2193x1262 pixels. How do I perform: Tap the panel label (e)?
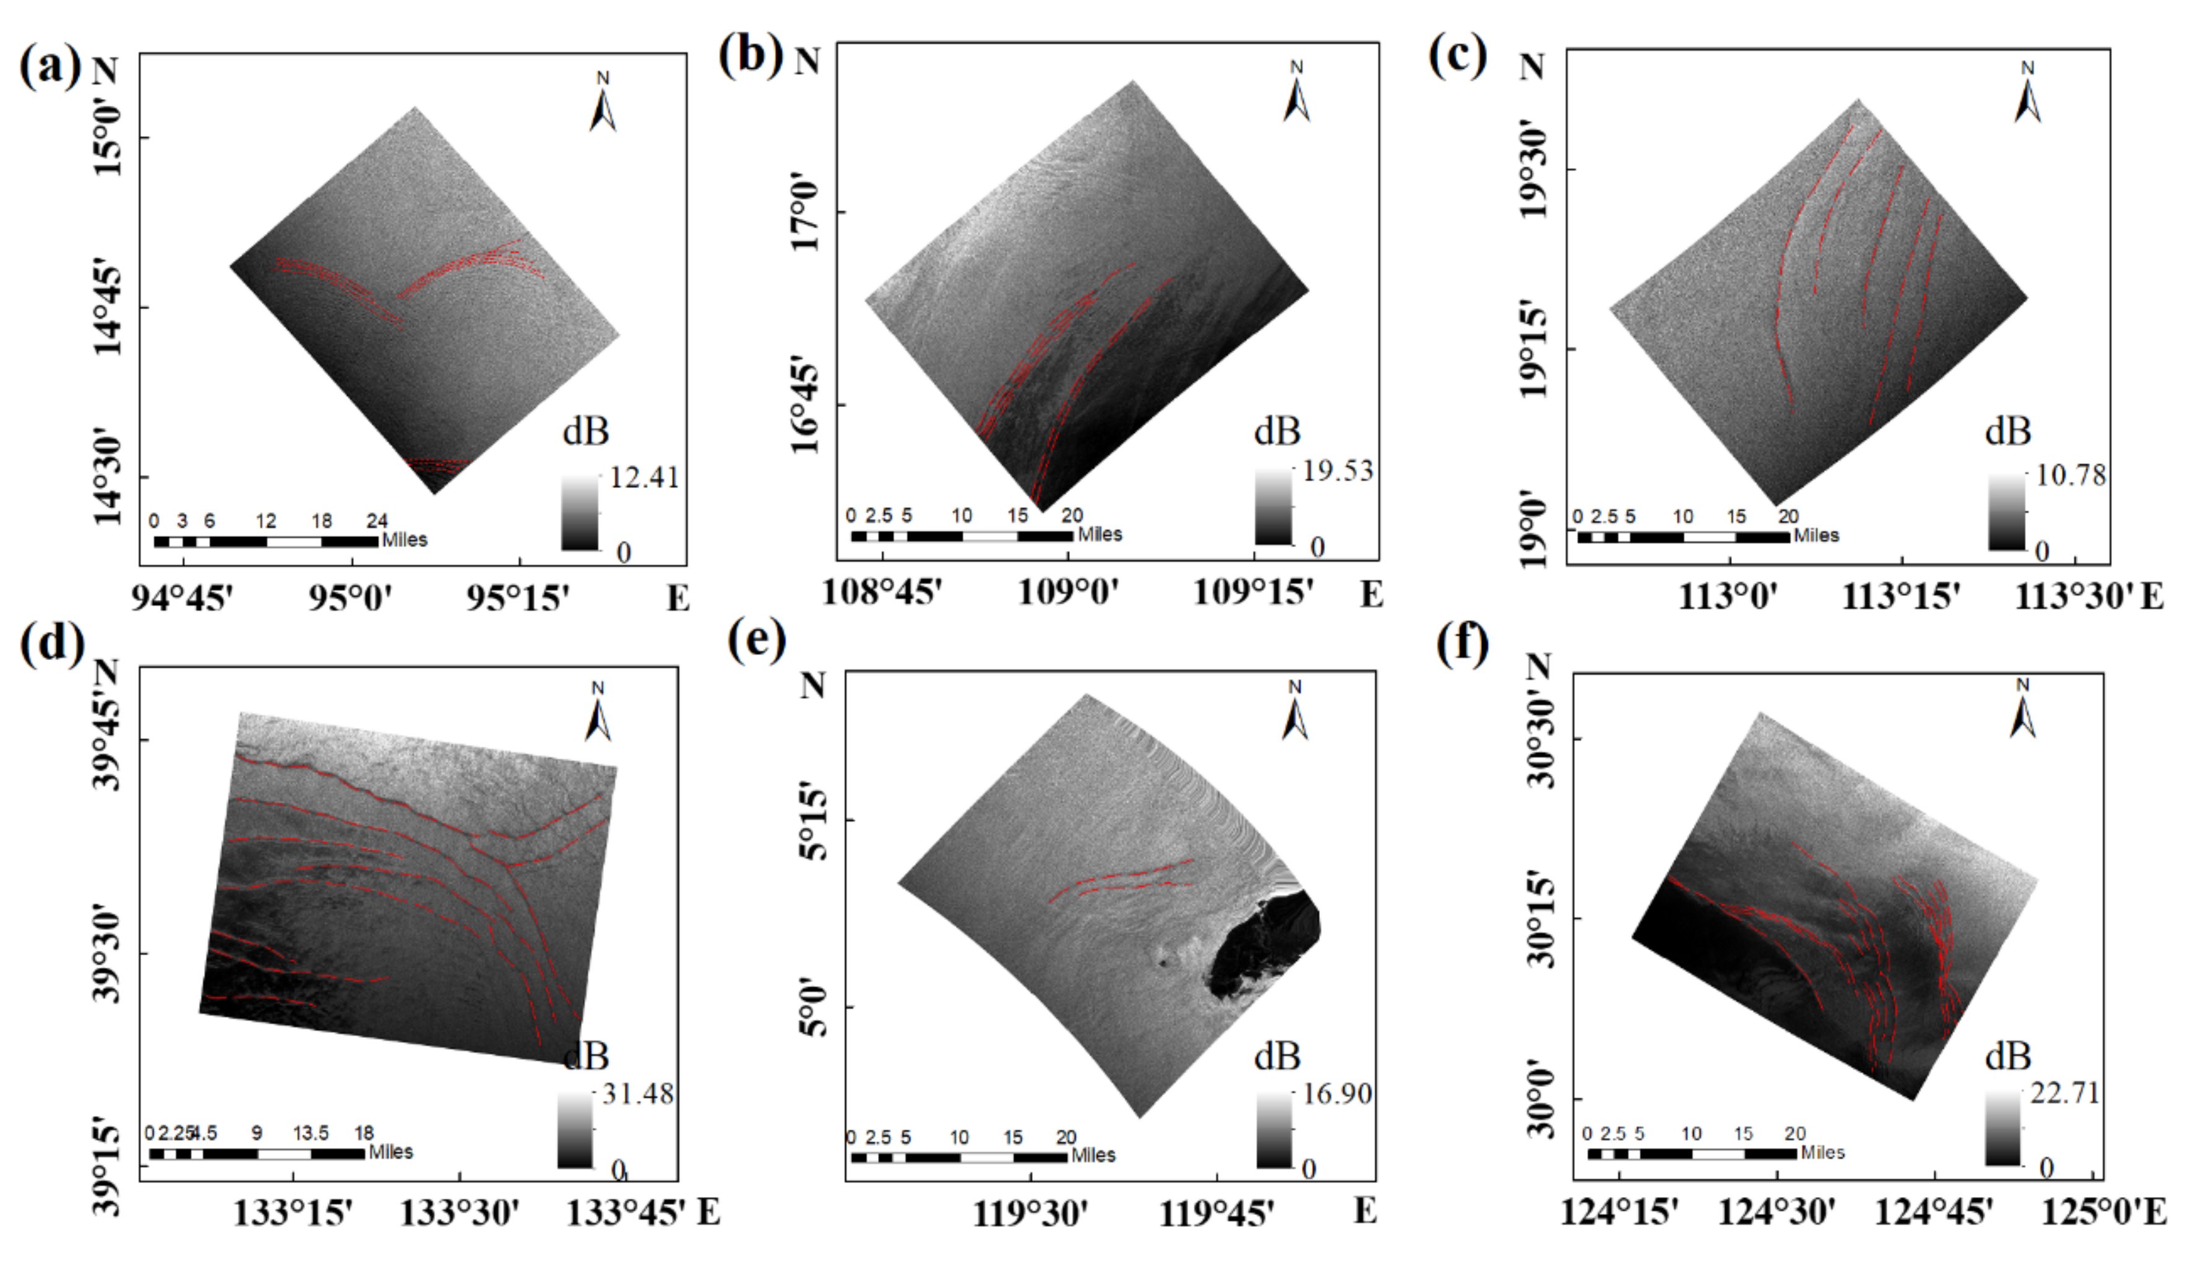click(757, 642)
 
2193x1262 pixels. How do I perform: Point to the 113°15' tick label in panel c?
click(1900, 597)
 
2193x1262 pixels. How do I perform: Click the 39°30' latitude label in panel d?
click(106, 953)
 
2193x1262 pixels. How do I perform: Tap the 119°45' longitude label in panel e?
click(1216, 1214)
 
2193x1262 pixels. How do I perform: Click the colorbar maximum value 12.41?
click(644, 478)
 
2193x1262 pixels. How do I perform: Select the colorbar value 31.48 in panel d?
click(638, 1094)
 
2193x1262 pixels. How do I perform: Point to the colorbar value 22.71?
click(2065, 1094)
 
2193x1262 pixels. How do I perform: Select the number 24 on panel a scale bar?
click(376, 521)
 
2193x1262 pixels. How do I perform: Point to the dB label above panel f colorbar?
click(2007, 1056)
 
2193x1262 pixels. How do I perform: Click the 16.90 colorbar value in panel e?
click(1337, 1094)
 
